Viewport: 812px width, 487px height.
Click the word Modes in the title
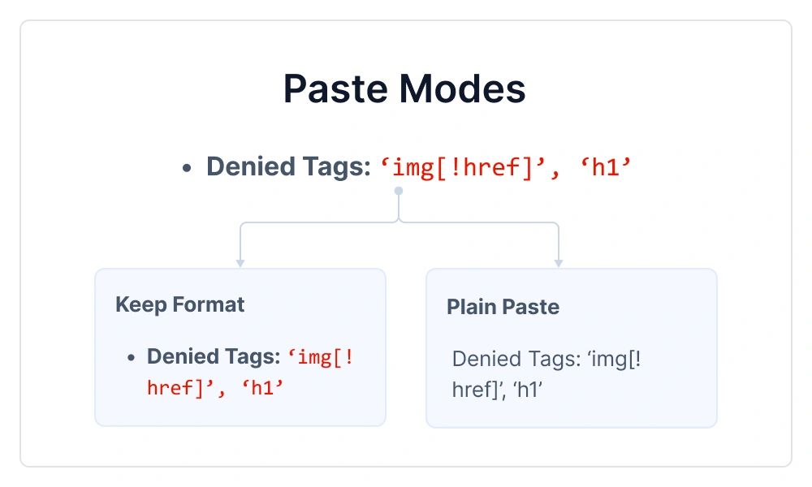(x=466, y=88)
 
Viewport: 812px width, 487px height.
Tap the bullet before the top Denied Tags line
(x=187, y=168)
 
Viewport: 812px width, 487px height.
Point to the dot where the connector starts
(x=398, y=191)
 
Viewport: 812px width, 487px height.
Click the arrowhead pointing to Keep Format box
(x=240, y=262)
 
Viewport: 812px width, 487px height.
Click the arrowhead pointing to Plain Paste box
(x=559, y=262)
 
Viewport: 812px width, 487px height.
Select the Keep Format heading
(x=179, y=305)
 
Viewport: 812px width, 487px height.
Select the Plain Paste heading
(x=503, y=308)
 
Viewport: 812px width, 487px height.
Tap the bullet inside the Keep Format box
(x=131, y=358)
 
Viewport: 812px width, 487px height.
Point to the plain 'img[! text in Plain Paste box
(x=609, y=360)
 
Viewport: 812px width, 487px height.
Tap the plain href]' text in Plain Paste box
(x=479, y=390)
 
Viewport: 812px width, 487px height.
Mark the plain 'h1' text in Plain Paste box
(x=529, y=390)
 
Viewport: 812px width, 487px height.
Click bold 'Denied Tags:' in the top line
(x=287, y=167)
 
